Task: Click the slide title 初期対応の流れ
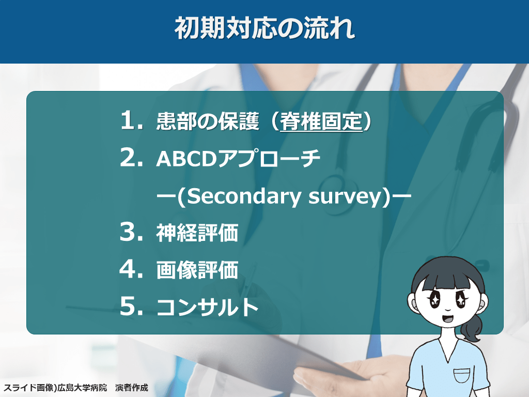(x=264, y=28)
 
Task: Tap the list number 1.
(x=132, y=120)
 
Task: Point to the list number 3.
(x=132, y=232)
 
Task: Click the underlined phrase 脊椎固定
(x=321, y=121)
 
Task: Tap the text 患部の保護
(x=208, y=121)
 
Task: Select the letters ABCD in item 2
(x=186, y=158)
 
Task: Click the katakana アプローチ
(x=269, y=158)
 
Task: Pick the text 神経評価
(x=197, y=233)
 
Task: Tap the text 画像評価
(x=197, y=270)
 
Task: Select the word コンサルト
(x=208, y=307)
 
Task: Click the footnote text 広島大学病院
(x=82, y=388)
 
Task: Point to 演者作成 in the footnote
(x=132, y=388)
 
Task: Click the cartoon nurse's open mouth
(x=447, y=318)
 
